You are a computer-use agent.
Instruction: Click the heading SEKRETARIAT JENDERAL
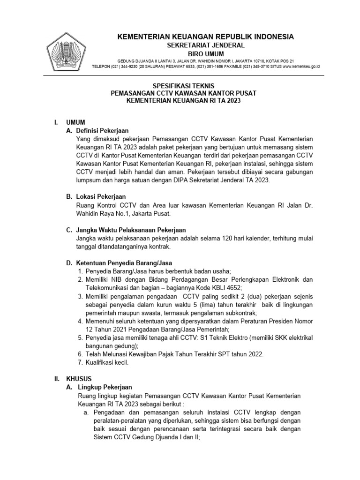coord(206,45)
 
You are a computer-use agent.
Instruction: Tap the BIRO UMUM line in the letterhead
coord(206,54)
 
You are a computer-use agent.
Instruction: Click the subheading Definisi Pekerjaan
coord(102,130)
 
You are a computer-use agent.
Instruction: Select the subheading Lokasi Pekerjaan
coord(99,197)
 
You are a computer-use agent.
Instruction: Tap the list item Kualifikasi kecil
coord(107,362)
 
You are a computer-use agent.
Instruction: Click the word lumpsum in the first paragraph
coord(89,180)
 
